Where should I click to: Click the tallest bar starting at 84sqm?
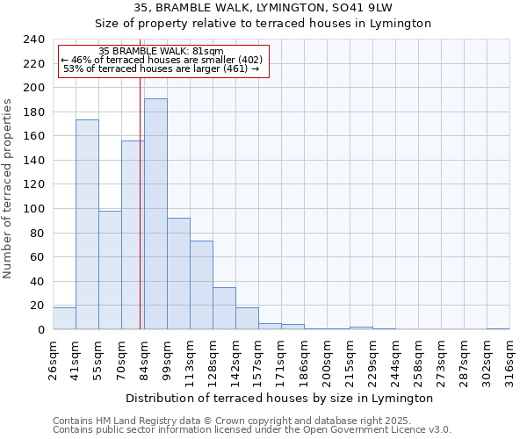pos(155,214)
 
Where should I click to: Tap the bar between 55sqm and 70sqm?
pos(110,270)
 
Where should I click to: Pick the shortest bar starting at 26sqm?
pos(64,319)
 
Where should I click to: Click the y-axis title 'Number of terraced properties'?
pos(9,189)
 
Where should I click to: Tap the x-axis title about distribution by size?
pos(279,398)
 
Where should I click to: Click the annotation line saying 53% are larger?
pos(162,68)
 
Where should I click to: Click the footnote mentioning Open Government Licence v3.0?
pos(252,429)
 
